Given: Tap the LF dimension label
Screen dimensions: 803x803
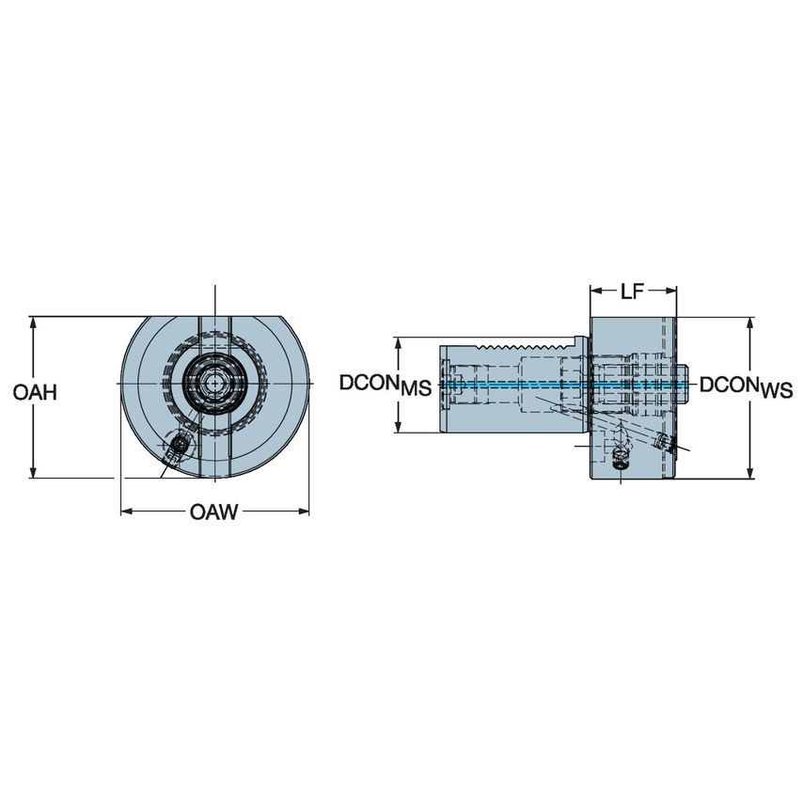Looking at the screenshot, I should coord(631,291).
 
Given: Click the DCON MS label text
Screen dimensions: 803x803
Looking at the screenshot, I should coord(385,385).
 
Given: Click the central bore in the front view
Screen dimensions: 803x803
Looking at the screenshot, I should coord(215,384).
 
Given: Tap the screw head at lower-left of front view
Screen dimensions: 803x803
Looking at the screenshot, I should coord(180,446).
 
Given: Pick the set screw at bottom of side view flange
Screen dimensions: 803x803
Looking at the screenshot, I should coord(620,459).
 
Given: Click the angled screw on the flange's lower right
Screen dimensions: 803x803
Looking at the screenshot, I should coord(664,442).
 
